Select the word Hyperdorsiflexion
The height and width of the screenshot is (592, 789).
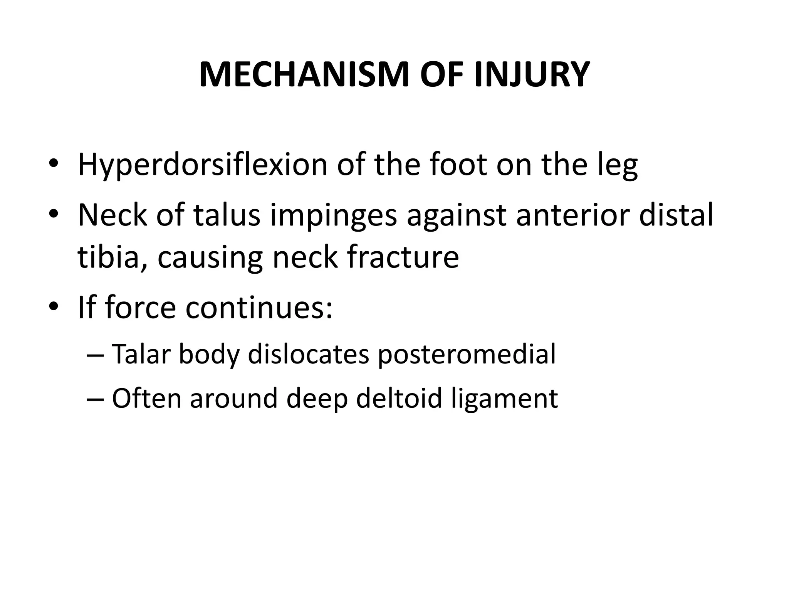click(203, 165)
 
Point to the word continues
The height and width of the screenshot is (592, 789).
click(259, 307)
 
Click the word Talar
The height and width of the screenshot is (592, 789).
click(141, 354)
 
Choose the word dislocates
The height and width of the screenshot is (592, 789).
click(309, 354)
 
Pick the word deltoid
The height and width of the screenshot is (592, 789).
click(399, 398)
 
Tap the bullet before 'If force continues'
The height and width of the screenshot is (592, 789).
click(54, 307)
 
